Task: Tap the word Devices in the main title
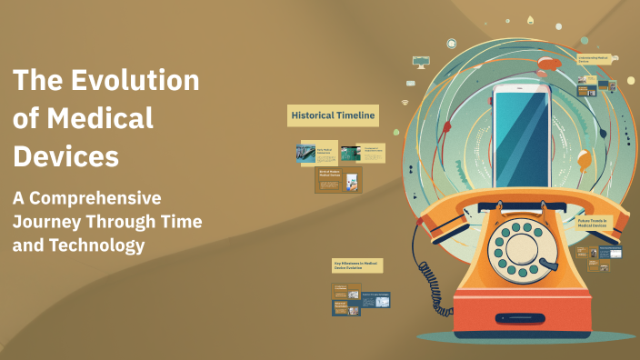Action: coord(65,156)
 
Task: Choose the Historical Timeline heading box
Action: coord(333,115)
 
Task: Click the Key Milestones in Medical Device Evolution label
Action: coord(357,265)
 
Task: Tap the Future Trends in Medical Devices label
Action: coord(598,222)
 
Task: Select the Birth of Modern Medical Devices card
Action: coord(338,179)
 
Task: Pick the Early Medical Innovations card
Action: coord(319,153)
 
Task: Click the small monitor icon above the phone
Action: coord(420,61)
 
